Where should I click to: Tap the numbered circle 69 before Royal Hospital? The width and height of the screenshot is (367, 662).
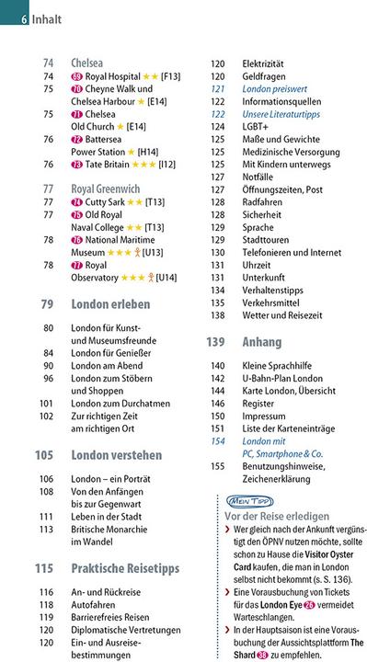[76, 76]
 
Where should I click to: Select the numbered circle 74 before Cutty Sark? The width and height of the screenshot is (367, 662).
[76, 202]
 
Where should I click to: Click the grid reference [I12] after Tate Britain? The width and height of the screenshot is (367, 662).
[166, 165]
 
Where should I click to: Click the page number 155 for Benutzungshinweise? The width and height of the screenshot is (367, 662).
[217, 466]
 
